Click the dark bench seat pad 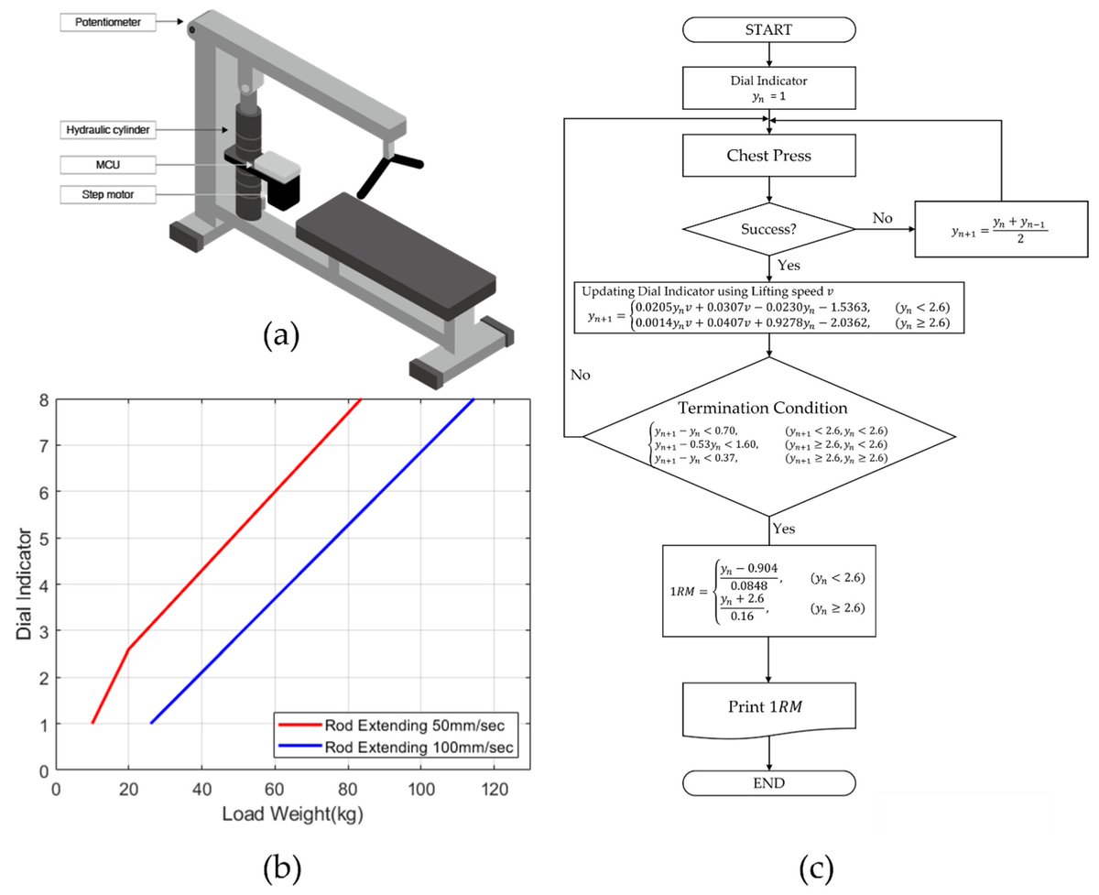(394, 253)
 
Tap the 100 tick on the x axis (420, 788)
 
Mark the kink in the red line (128, 649)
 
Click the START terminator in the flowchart (769, 30)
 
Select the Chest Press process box (769, 156)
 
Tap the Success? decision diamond (769, 229)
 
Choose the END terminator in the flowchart (769, 782)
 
